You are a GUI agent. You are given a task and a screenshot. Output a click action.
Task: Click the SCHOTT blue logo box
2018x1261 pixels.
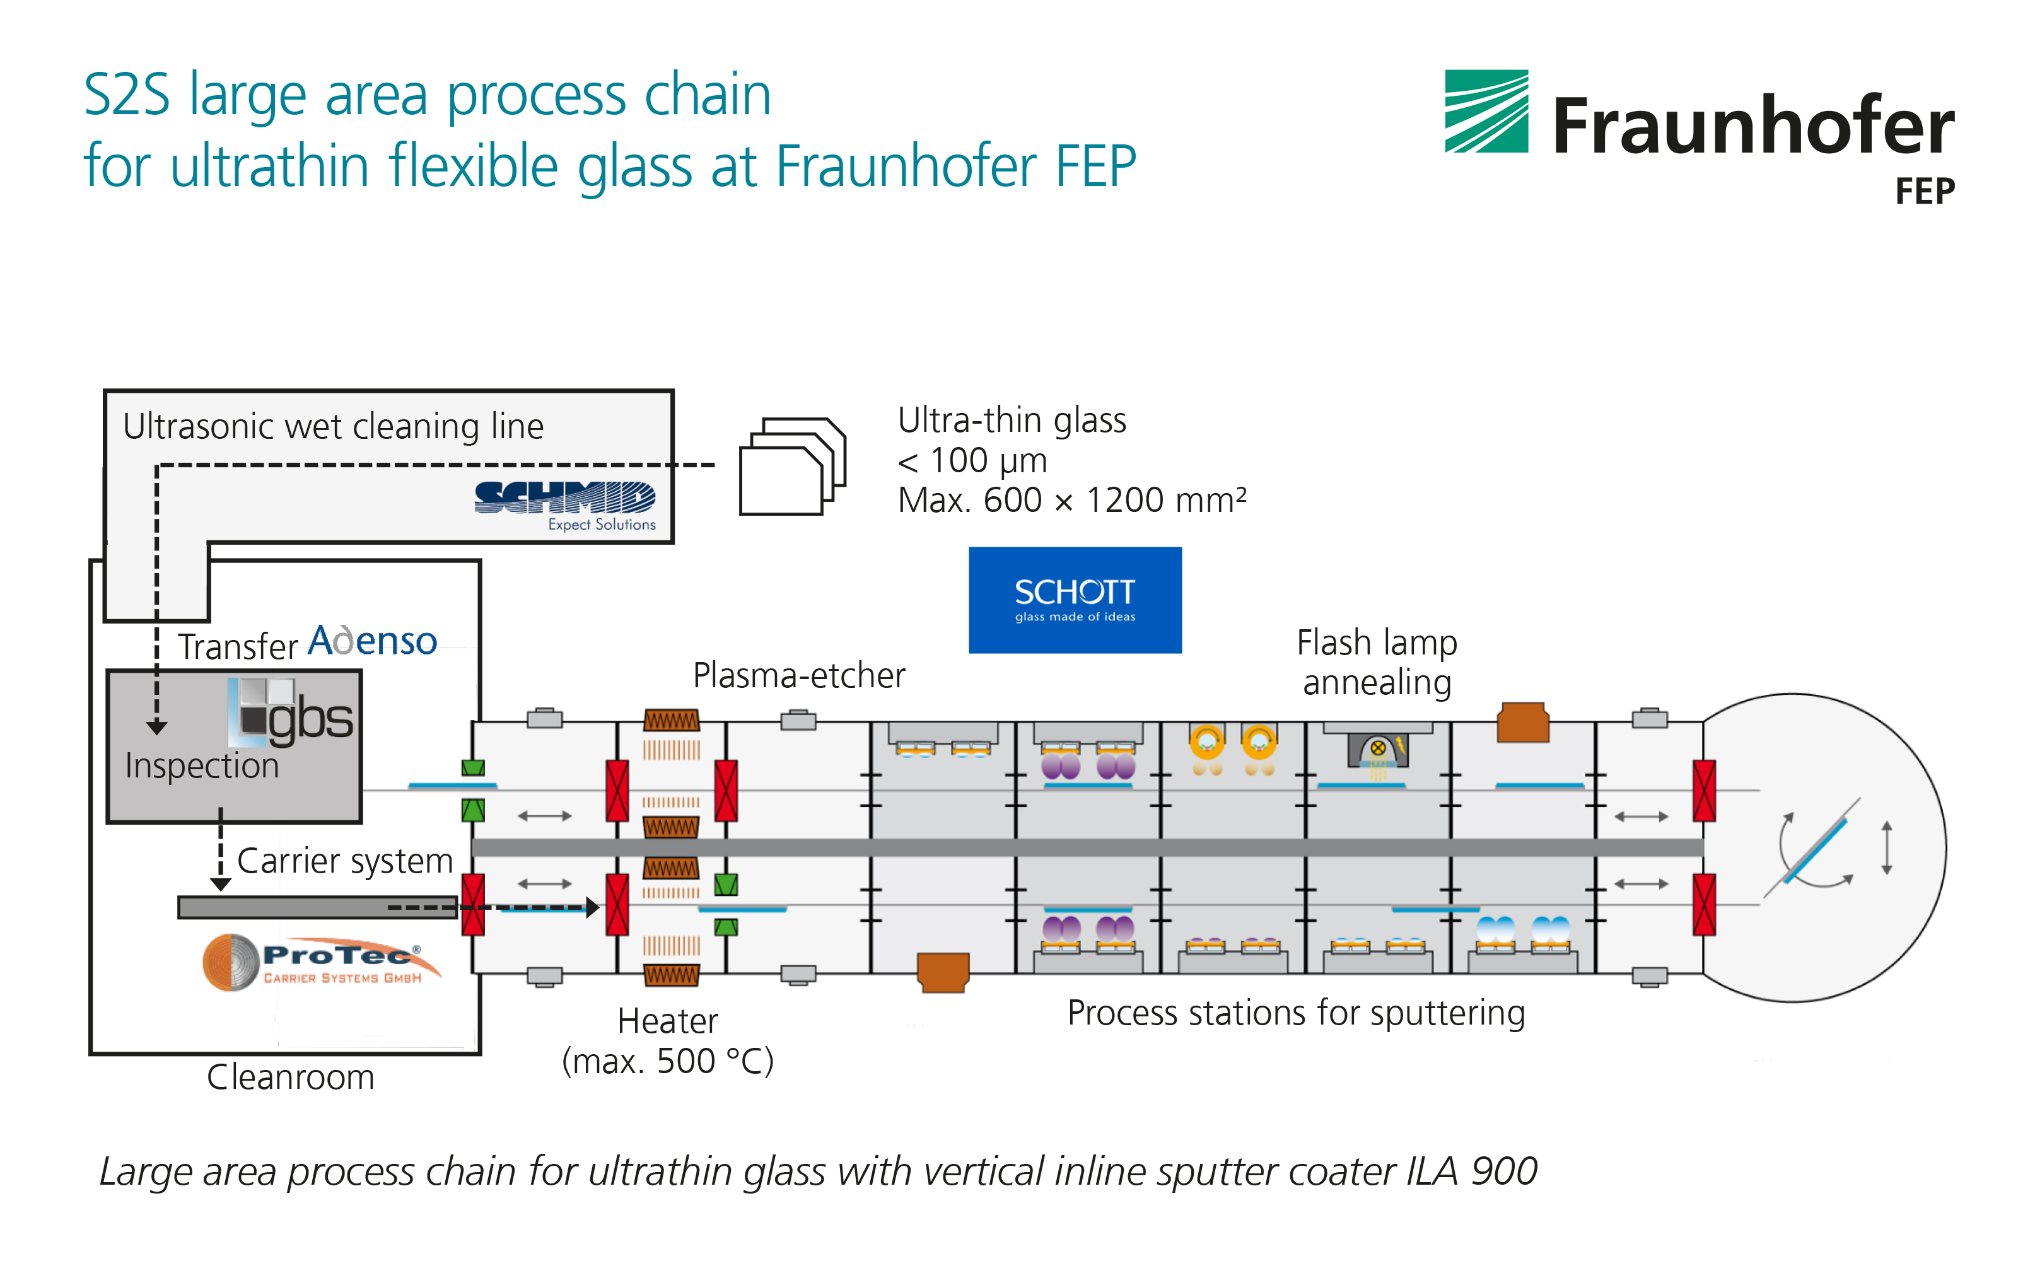[1074, 600]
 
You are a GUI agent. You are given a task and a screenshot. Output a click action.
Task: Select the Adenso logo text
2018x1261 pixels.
[372, 641]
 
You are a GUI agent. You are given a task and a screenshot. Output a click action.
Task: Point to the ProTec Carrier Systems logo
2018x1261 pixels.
[321, 962]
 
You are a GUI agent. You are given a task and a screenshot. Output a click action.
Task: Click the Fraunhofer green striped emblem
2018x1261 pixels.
[1485, 111]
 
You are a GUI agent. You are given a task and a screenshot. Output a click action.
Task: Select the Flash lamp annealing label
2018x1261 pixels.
[1377, 662]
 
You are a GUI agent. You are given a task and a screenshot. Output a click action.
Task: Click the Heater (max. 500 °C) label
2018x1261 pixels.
[668, 1041]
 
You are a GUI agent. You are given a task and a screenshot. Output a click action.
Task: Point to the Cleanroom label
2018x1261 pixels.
[290, 1078]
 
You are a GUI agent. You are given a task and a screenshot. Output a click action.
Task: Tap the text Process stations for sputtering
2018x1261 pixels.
[1295, 1013]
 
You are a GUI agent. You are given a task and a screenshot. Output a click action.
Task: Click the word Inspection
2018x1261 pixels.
[202, 765]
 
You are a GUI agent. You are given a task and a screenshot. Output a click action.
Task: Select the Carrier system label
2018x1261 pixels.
[344, 861]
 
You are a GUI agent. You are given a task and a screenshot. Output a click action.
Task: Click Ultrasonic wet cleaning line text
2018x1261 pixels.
[333, 426]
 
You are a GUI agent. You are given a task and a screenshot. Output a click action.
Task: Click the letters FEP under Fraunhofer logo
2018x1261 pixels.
[1924, 192]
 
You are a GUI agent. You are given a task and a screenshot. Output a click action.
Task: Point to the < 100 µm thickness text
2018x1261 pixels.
[972, 460]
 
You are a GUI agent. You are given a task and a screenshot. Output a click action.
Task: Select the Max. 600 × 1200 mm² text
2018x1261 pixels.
[1071, 501]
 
